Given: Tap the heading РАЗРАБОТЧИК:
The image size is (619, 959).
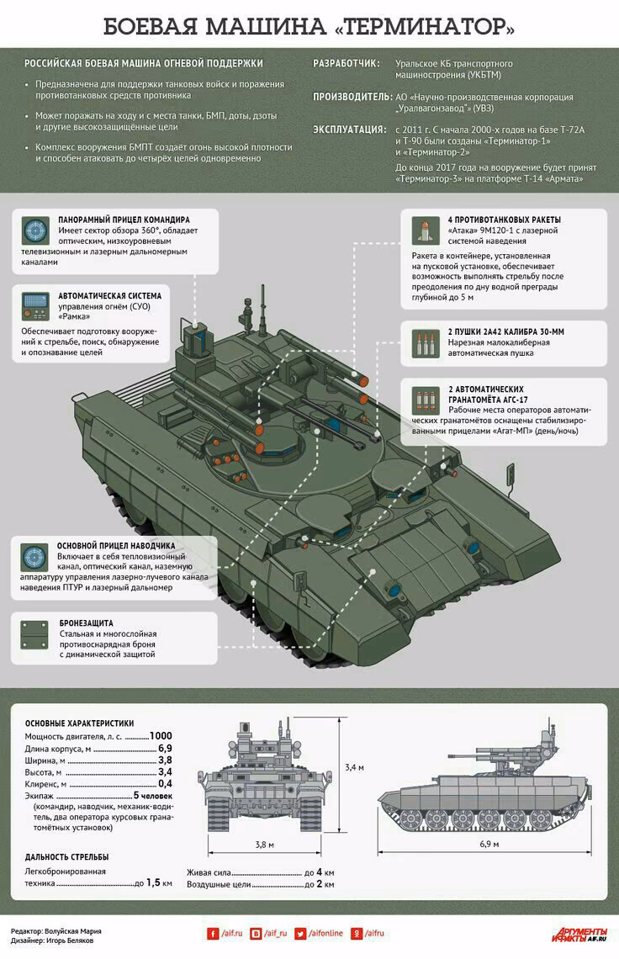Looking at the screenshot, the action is coord(347,64).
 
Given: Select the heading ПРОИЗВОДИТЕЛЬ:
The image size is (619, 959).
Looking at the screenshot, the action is coord(352,97).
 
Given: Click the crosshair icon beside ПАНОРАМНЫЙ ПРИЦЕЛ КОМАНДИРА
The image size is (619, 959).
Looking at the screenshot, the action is coord(35,230).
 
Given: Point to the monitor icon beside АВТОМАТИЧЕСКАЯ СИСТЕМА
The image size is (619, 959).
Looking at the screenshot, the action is coord(35,306).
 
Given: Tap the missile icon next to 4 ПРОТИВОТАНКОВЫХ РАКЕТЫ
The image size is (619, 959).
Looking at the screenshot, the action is coord(426,230).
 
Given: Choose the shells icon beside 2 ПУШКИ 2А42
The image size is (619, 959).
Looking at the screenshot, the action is coord(426,343).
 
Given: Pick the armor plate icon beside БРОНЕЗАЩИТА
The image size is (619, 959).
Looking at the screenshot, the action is coord(34,635).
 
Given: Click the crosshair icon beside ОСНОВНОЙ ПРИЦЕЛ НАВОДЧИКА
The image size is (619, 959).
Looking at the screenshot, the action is coord(34,557).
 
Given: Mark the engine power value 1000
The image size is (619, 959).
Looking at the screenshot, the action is coord(161,736).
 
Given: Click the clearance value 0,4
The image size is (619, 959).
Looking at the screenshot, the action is coord(165,783).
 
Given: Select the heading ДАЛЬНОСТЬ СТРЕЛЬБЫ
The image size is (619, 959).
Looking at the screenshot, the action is coord(66,857).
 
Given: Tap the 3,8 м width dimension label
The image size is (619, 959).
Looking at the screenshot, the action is coord(264,845).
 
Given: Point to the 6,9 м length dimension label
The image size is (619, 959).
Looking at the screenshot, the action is coord(489,844).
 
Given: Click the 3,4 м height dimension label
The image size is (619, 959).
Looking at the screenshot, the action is coord(354,767).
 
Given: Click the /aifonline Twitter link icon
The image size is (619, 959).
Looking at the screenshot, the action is coord(300,933).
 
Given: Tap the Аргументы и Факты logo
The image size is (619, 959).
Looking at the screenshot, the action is coord(579,934).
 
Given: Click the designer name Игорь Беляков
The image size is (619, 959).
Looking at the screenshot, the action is coord(70,940).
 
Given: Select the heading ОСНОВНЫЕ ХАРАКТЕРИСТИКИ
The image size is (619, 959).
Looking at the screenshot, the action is coord(80,723).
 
